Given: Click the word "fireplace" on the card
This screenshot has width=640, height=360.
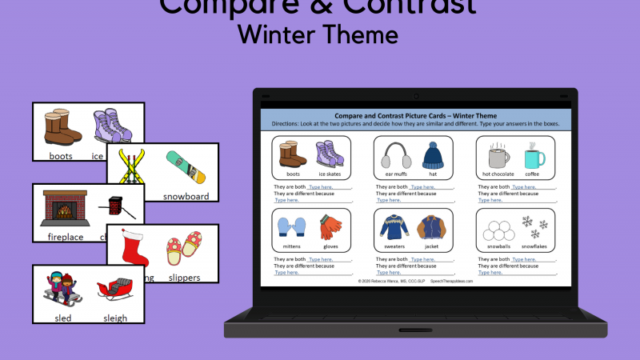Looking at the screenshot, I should (66, 237).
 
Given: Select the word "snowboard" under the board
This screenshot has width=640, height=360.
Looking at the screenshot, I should (186, 196).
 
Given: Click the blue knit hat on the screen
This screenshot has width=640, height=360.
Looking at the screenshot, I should (432, 154).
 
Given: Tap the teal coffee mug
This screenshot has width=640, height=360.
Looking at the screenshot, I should (532, 155).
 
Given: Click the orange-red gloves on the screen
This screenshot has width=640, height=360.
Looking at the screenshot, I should (329, 228).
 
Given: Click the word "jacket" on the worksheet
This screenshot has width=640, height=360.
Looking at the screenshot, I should (432, 247).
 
